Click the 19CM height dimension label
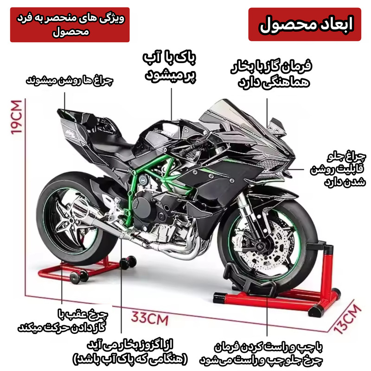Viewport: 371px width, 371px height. click(17, 117)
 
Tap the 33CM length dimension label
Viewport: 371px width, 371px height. click(150, 318)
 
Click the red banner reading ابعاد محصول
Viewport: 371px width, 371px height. click(305, 25)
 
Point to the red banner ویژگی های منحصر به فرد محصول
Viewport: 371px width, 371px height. click(70, 25)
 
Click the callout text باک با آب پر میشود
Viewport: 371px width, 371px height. click(170, 66)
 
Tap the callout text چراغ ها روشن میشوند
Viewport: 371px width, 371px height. click(69, 80)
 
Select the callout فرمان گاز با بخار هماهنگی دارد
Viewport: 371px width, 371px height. click(271, 74)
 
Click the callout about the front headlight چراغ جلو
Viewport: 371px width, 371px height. click(339, 169)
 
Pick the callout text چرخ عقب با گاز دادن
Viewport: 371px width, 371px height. click(62, 320)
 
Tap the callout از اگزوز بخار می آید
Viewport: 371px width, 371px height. click(130, 352)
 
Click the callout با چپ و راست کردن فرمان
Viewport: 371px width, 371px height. click(261, 354)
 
